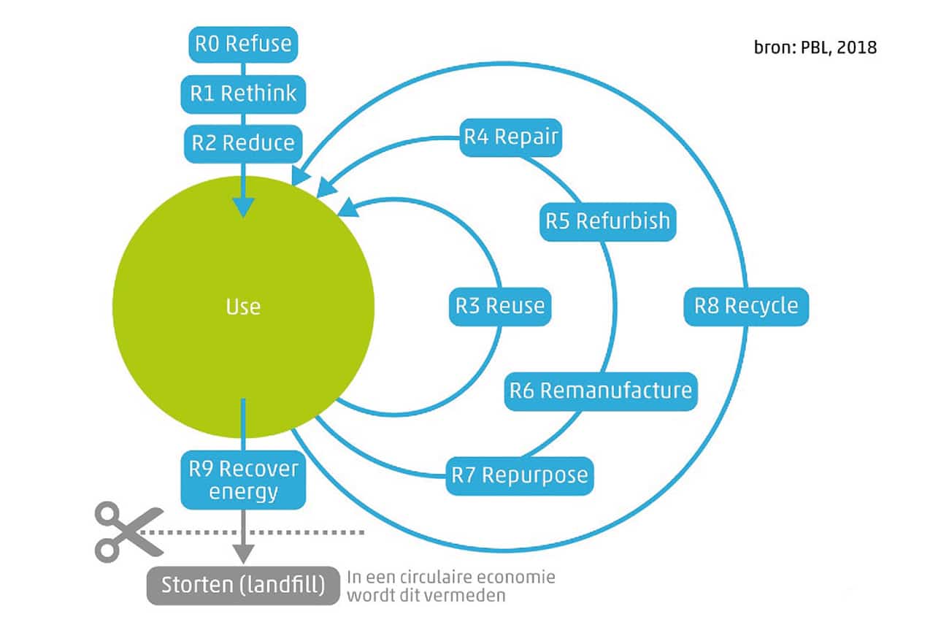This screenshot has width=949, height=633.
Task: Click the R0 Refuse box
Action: (x=243, y=45)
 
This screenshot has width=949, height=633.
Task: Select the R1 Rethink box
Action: (x=243, y=94)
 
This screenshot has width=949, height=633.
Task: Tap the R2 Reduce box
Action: (x=243, y=144)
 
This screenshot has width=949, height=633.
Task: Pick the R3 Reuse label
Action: (x=500, y=307)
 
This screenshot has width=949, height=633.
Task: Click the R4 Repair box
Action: (x=511, y=137)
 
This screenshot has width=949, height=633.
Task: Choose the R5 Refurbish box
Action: (x=607, y=222)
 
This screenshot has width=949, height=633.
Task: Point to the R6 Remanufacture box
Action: (x=601, y=391)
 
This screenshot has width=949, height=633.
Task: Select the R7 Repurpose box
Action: (x=520, y=476)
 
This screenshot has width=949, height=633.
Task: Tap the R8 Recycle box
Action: (x=746, y=307)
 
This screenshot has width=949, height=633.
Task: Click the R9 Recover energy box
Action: (x=243, y=480)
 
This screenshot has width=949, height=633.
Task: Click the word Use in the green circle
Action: (x=243, y=307)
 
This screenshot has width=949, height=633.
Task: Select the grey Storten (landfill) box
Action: (x=243, y=586)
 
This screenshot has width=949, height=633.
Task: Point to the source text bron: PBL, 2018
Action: (x=815, y=47)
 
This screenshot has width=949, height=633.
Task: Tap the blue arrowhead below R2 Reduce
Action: (x=243, y=207)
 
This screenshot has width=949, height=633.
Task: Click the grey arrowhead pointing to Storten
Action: (x=243, y=554)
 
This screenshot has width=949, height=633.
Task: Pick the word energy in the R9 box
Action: (x=243, y=492)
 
